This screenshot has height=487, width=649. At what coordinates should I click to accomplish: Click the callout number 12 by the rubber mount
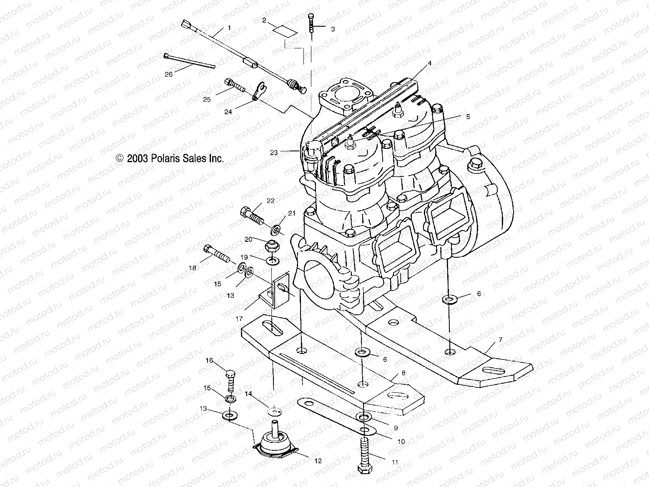(x=318, y=461)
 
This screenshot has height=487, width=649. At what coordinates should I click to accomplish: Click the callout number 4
(x=429, y=64)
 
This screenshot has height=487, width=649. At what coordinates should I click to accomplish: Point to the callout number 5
(x=468, y=117)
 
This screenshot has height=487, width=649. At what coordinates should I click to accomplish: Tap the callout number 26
(x=168, y=75)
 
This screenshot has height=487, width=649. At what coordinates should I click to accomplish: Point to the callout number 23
(x=273, y=153)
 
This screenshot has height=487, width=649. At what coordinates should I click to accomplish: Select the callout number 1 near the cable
(x=228, y=28)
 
